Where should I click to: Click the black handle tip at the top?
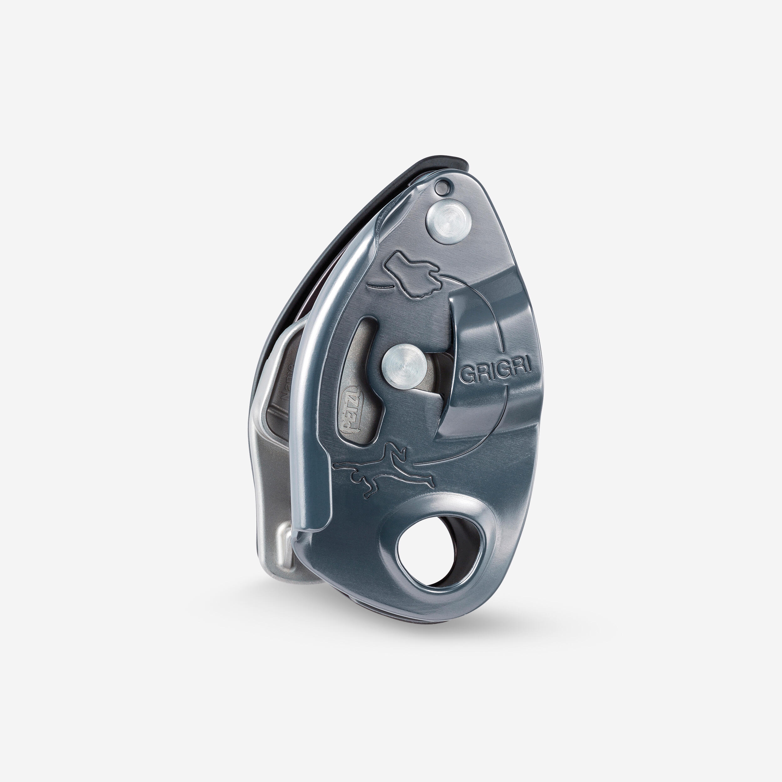(x=445, y=162)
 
